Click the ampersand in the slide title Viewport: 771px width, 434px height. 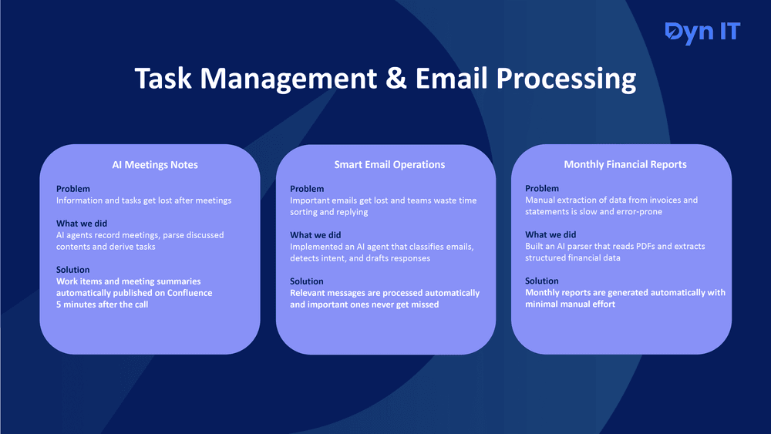click(x=396, y=78)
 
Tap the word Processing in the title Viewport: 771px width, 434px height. click(x=566, y=79)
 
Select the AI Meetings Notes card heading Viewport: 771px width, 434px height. click(x=155, y=165)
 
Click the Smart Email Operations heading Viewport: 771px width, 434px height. click(x=389, y=165)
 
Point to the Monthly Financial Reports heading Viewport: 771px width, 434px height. click(x=625, y=165)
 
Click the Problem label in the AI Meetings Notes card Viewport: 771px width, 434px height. click(x=72, y=189)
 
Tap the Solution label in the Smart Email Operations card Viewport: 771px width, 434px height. click(x=306, y=281)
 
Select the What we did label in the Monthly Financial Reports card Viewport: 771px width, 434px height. click(x=550, y=234)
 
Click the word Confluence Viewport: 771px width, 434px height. click(x=190, y=293)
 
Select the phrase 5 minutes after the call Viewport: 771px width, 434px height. click(x=103, y=304)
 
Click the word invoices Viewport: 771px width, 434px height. click(x=663, y=200)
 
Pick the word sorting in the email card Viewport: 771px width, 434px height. click(x=303, y=212)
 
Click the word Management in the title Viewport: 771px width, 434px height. click(x=288, y=79)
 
